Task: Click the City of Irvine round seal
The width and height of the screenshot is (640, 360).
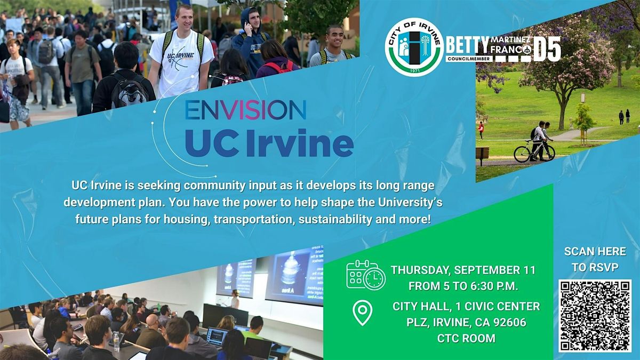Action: tap(414, 47)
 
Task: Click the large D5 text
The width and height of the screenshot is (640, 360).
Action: tap(547, 49)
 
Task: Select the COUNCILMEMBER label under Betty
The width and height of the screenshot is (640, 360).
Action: tap(469, 59)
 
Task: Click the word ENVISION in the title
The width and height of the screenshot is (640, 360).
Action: tap(246, 110)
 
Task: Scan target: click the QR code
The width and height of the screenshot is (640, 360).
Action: tap(595, 316)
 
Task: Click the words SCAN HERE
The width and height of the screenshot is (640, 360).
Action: tap(595, 251)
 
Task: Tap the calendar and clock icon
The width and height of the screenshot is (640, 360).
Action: tap(366, 275)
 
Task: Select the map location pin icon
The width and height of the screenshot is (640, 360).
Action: tap(363, 313)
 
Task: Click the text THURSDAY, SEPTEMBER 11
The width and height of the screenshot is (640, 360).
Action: tap(463, 270)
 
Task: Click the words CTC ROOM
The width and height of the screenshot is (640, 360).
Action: tap(466, 338)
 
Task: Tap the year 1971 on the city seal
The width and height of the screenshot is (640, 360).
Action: tap(414, 70)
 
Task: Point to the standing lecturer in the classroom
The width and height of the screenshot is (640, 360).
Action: tap(235, 299)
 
